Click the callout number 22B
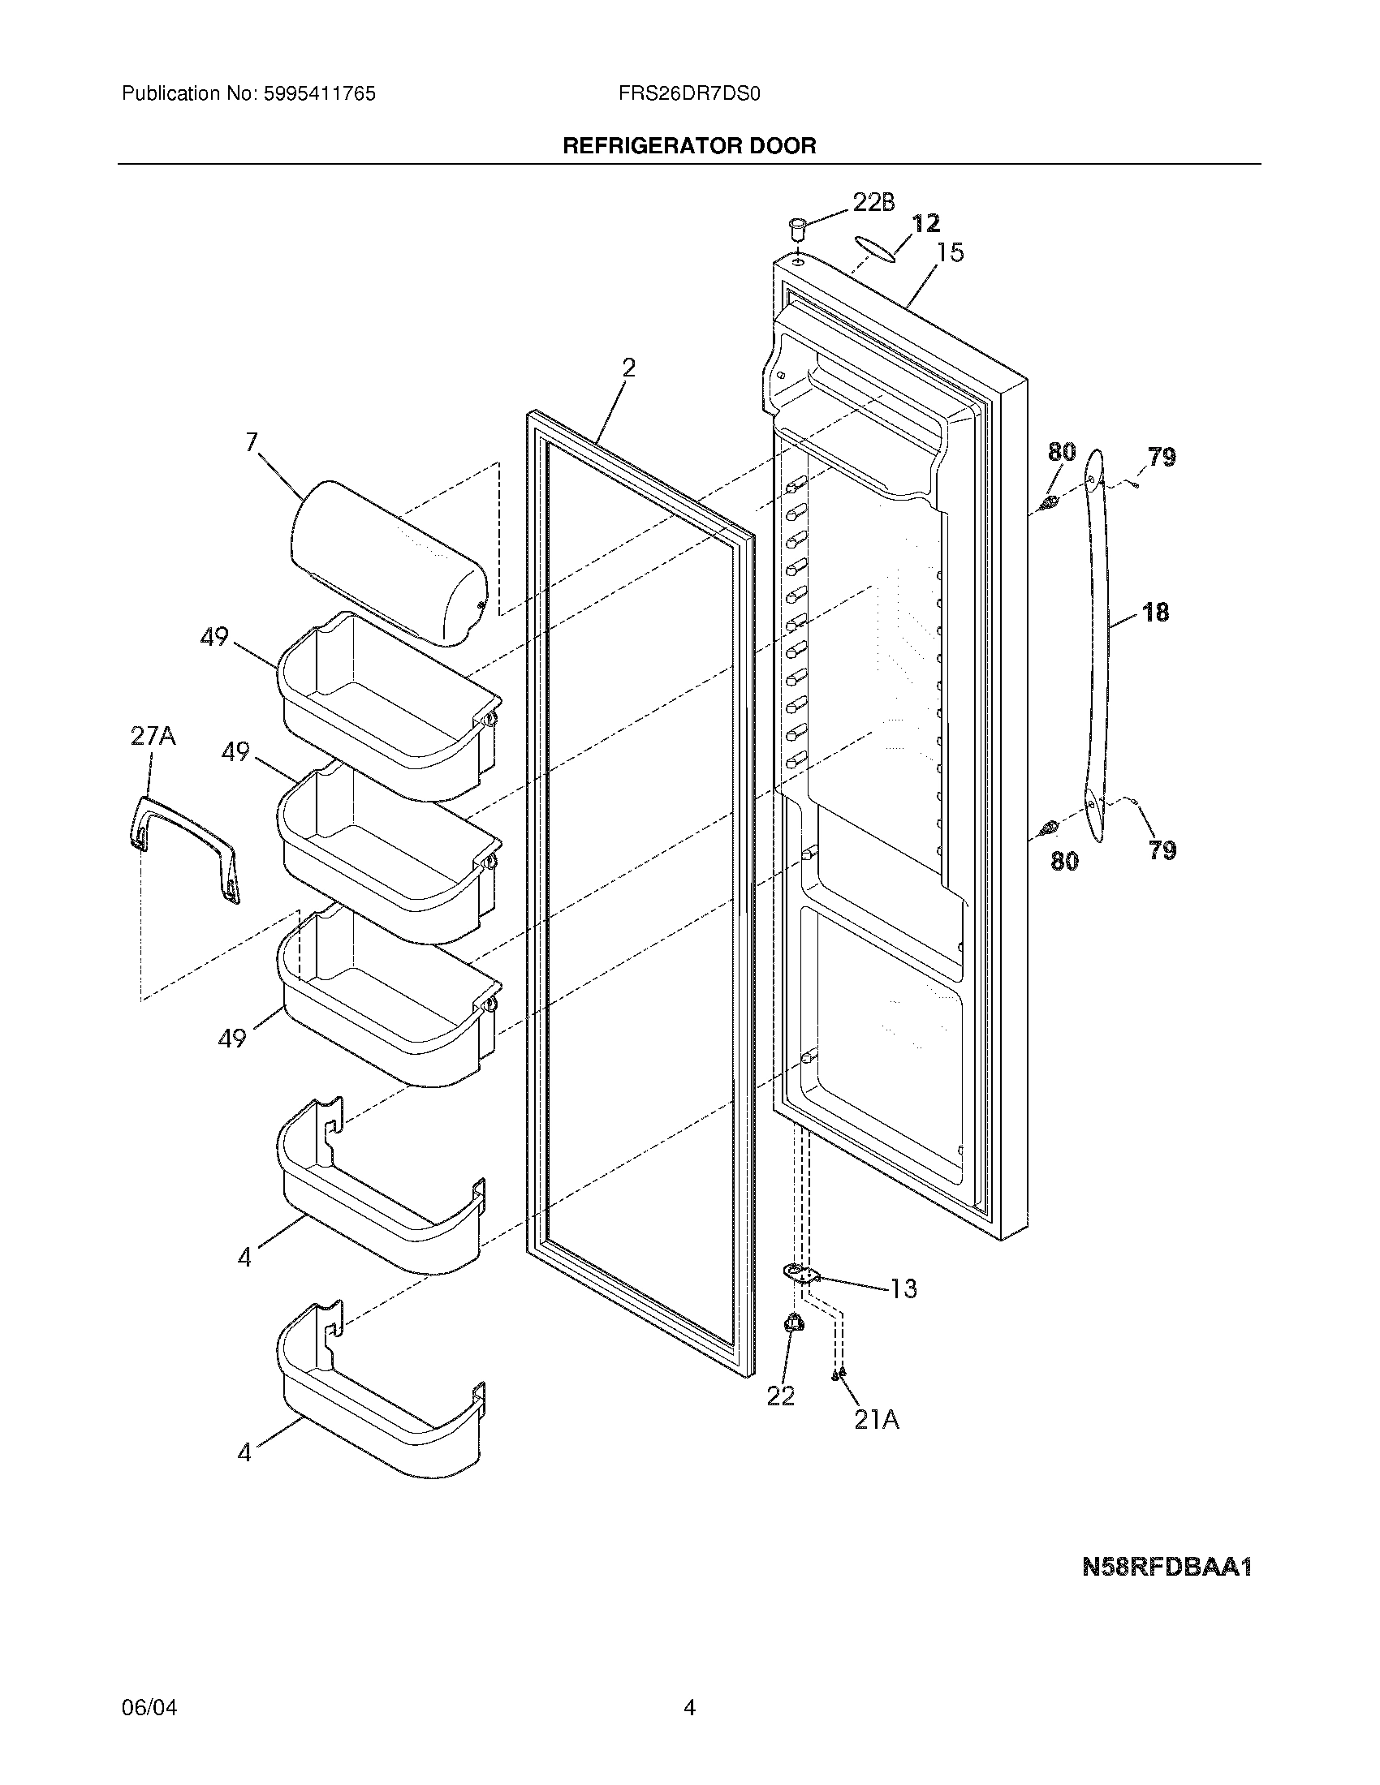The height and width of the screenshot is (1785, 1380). pyautogui.click(x=873, y=202)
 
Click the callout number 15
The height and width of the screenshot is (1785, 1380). pyautogui.click(x=949, y=252)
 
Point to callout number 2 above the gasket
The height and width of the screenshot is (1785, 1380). pyautogui.click(x=627, y=368)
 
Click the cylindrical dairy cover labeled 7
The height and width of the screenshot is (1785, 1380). pyautogui.click(x=389, y=561)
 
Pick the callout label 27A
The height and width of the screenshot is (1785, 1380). pyautogui.click(x=153, y=737)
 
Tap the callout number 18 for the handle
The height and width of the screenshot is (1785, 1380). pyautogui.click(x=1155, y=611)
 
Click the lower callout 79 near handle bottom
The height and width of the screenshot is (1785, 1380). pyautogui.click(x=1162, y=850)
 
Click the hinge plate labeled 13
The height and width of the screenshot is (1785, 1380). pyautogui.click(x=800, y=1271)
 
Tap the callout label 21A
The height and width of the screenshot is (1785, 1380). pyautogui.click(x=877, y=1420)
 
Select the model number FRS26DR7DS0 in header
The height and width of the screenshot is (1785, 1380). pyautogui.click(x=689, y=94)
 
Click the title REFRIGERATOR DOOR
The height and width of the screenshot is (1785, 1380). pyautogui.click(x=689, y=146)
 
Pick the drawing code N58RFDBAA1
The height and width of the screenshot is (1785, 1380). pyautogui.click(x=1167, y=1567)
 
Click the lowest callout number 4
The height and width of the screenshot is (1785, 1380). pyautogui.click(x=244, y=1452)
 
